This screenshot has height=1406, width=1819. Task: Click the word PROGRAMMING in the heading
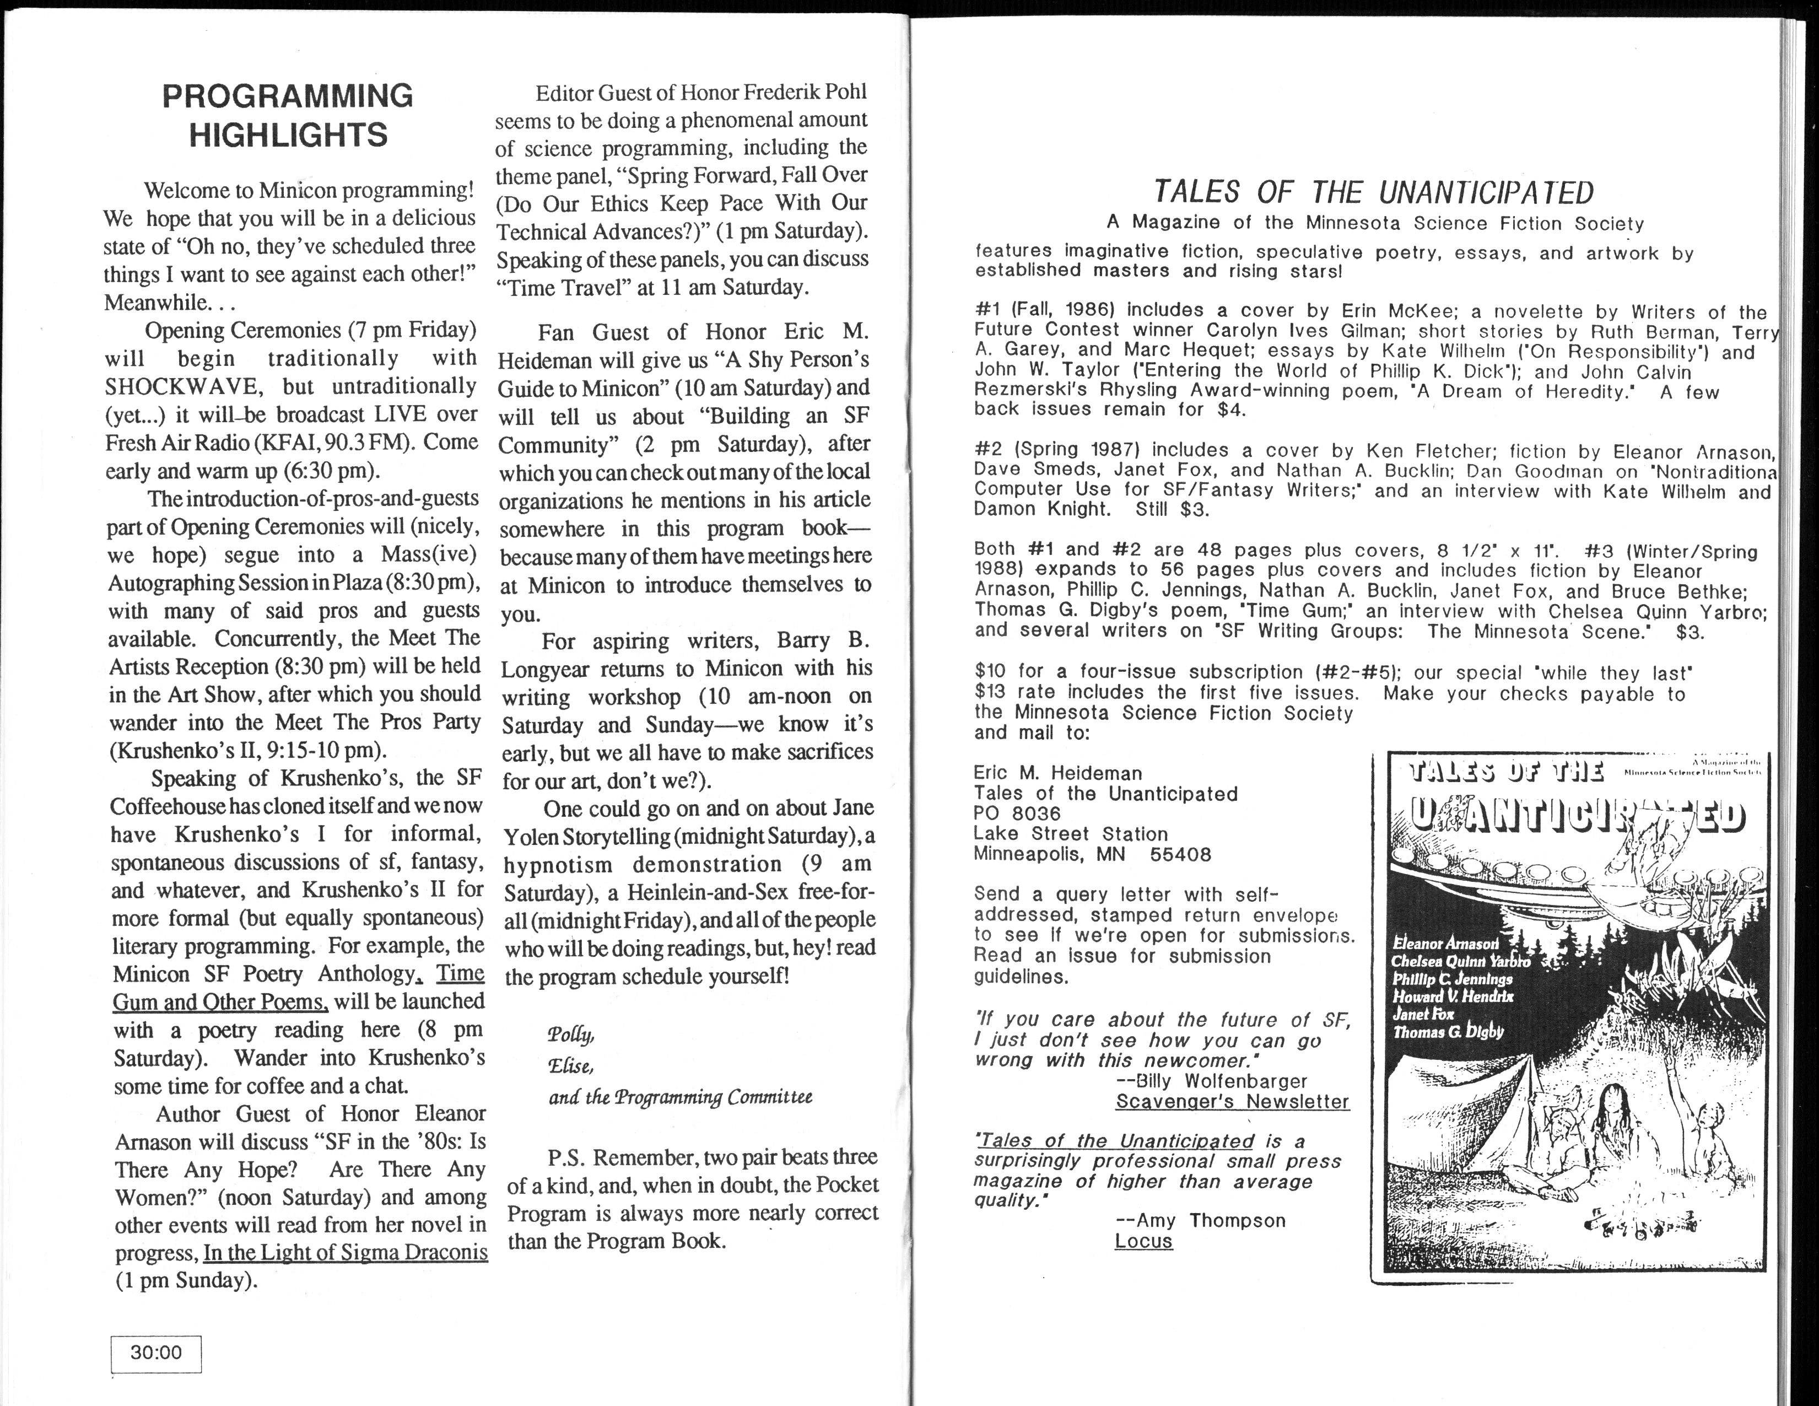[287, 96]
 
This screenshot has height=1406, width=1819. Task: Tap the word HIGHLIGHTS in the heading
[288, 135]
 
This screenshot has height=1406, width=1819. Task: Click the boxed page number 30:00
[156, 1353]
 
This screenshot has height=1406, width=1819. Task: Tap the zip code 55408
[1180, 855]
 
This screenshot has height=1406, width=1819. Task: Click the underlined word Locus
[1143, 1241]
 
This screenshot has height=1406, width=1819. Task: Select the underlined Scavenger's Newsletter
[1232, 1101]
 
